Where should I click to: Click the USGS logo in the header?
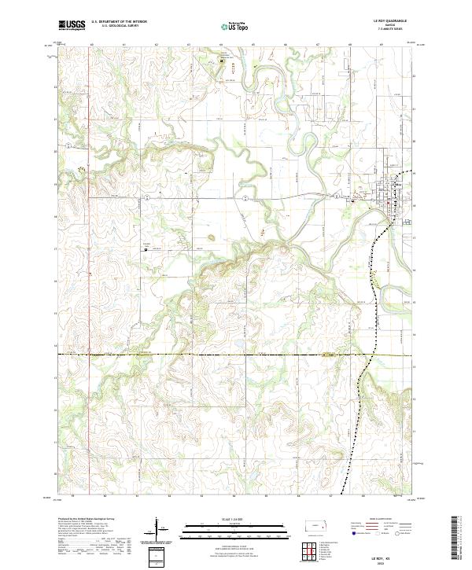point(72,25)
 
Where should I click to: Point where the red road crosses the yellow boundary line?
point(90,355)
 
